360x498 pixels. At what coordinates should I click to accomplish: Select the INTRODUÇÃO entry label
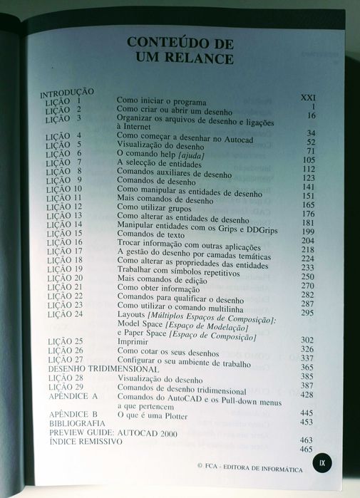pos(68,93)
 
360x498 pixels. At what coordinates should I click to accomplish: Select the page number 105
pos(308,160)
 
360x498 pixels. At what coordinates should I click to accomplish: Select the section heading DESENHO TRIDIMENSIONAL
pos(103,369)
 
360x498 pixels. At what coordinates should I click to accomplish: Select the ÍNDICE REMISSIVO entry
pos(86,442)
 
